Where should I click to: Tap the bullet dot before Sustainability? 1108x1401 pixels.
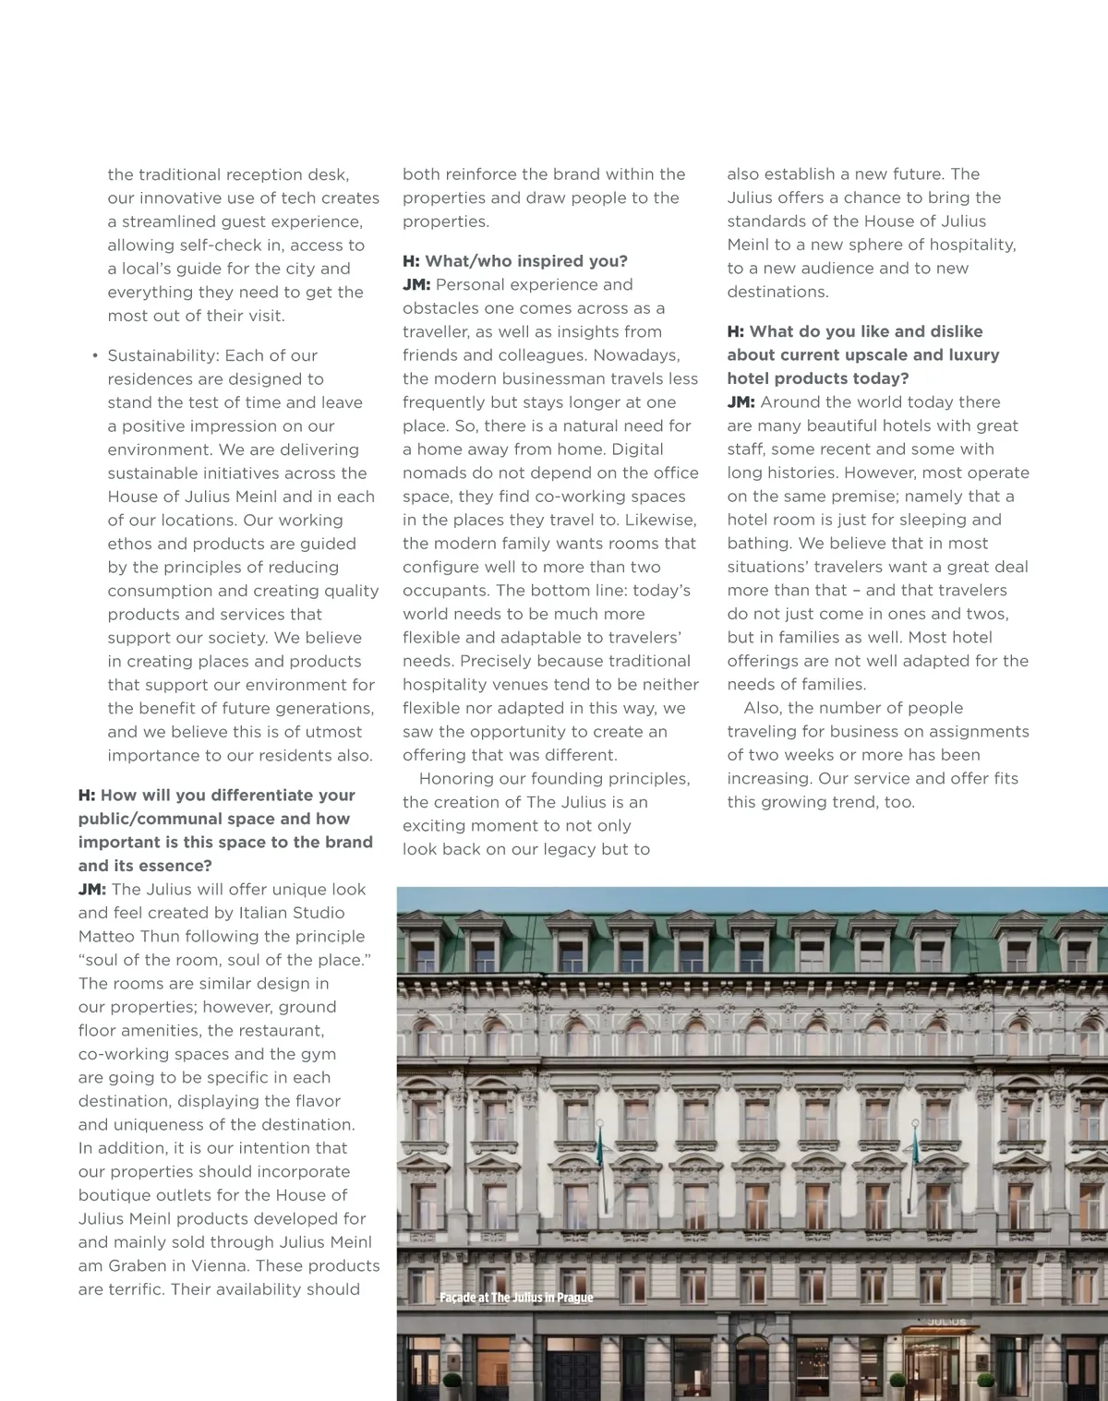click(x=94, y=356)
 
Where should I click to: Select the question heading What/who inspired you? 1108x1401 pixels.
click(x=515, y=261)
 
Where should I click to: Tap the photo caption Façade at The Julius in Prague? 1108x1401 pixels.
click(x=516, y=1298)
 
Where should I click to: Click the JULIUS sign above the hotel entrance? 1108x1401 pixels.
click(x=946, y=1322)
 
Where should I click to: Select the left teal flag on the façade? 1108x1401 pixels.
click(x=600, y=1144)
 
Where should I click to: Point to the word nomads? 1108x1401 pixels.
click(x=434, y=473)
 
